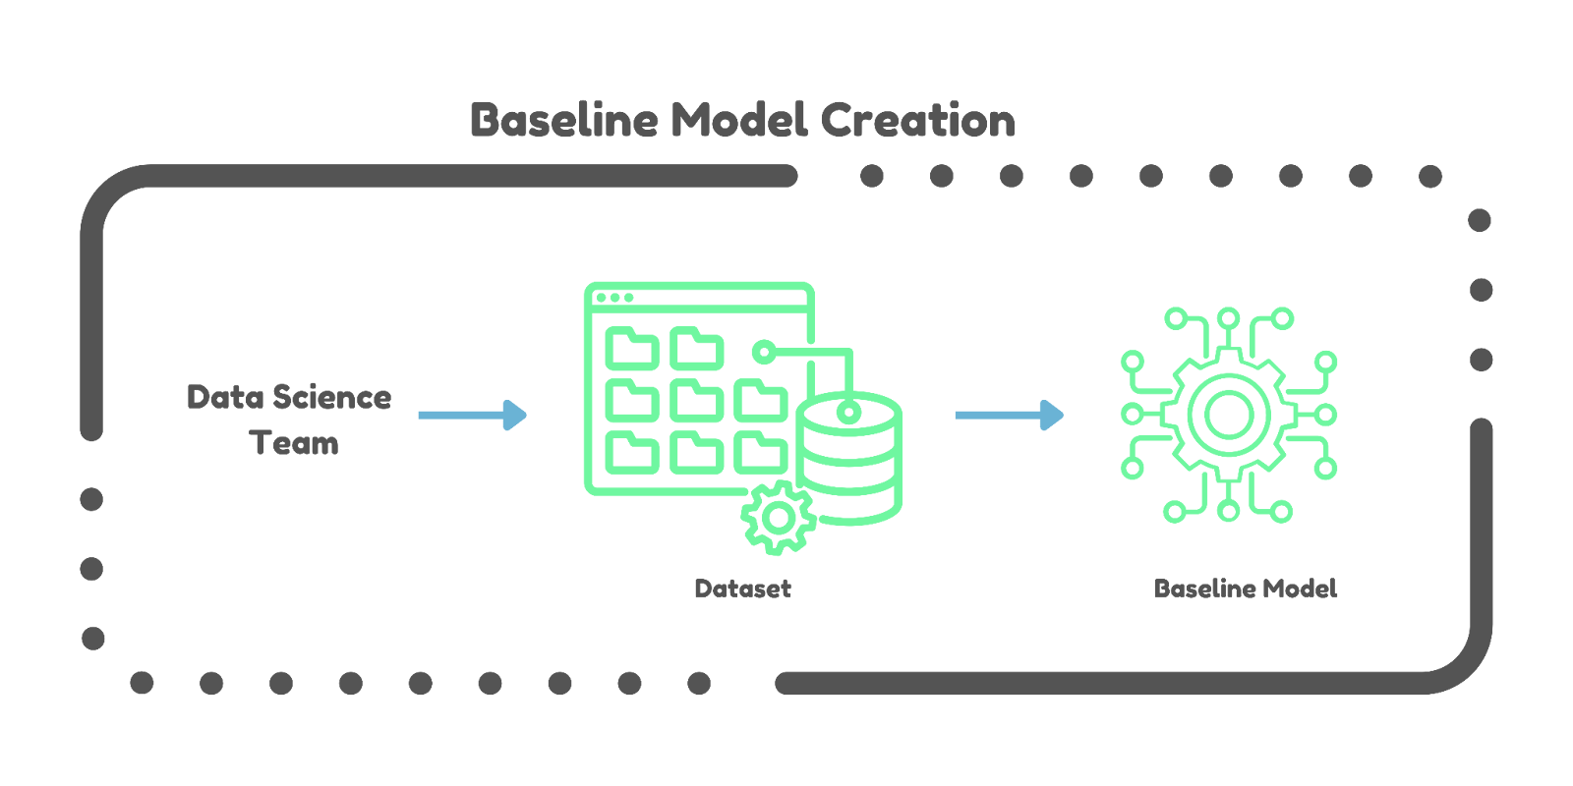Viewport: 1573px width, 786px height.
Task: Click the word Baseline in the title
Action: tap(563, 121)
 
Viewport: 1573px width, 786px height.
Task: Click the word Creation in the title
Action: tap(917, 121)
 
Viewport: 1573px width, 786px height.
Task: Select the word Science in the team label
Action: tap(331, 397)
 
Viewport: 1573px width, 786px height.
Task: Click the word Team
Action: tap(294, 443)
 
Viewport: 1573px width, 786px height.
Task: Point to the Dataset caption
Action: tap(742, 589)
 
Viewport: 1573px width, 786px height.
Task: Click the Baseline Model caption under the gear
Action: tap(1246, 589)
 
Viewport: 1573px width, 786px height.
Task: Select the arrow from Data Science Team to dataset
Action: tap(473, 415)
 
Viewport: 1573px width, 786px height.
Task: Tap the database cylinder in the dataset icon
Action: tap(849, 462)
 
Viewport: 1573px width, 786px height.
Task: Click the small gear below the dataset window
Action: tap(779, 518)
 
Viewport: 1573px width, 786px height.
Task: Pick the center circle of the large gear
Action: tap(1228, 415)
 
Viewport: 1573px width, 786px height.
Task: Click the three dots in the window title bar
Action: tap(615, 298)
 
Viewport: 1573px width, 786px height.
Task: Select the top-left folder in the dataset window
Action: tap(632, 350)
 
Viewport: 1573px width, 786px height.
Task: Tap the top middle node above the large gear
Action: tap(1228, 318)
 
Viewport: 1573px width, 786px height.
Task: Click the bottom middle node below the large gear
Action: tap(1228, 511)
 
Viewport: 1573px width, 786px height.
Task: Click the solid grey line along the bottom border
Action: tap(1081, 683)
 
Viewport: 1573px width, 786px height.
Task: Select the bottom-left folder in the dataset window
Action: tap(632, 452)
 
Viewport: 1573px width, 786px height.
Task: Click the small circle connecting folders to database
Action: tap(763, 350)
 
